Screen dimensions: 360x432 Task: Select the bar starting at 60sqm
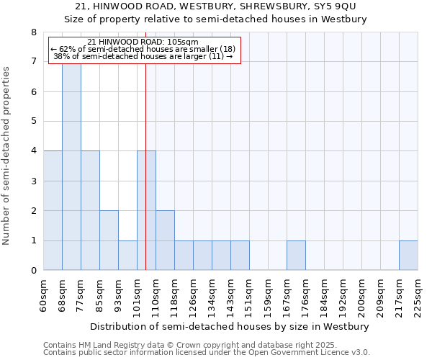coord(53,210)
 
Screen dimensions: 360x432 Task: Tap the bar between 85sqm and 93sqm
coord(109,240)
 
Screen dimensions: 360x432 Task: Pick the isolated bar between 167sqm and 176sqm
coord(296,256)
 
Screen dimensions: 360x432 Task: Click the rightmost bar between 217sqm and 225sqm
coord(408,256)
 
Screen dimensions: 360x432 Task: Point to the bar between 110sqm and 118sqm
coord(165,240)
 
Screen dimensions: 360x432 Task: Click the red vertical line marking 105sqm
coord(145,180)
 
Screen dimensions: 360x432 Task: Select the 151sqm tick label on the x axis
coord(249,296)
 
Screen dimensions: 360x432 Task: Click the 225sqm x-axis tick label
coord(418,296)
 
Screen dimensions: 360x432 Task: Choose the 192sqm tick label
coord(343,296)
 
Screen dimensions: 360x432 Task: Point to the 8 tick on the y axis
coord(33,32)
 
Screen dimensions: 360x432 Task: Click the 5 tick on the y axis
coord(33,122)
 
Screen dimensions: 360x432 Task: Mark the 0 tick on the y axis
coord(33,271)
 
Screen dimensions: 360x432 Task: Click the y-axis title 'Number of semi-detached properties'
coord(7,156)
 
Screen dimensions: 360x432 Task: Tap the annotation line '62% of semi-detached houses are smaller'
coord(143,49)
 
